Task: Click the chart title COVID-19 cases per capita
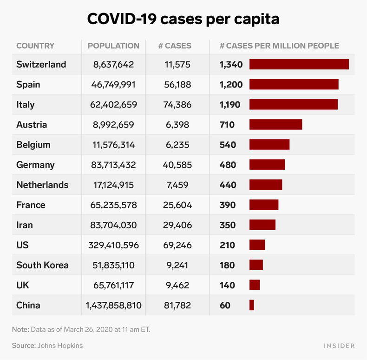(x=183, y=19)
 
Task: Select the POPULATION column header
(x=113, y=46)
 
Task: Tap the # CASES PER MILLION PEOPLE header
(x=279, y=46)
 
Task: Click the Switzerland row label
(x=41, y=65)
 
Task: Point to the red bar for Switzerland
(x=299, y=65)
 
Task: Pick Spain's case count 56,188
(x=177, y=85)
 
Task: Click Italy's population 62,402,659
(x=113, y=105)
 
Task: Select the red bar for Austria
(x=275, y=125)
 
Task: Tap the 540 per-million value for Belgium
(x=228, y=145)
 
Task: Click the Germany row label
(x=35, y=165)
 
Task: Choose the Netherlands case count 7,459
(x=177, y=185)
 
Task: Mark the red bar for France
(x=264, y=205)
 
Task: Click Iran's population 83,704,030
(x=113, y=225)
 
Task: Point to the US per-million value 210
(x=228, y=245)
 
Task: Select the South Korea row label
(x=42, y=265)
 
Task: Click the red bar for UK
(x=255, y=285)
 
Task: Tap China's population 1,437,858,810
(x=113, y=305)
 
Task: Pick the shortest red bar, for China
(x=252, y=305)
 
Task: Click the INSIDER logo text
(x=338, y=346)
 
